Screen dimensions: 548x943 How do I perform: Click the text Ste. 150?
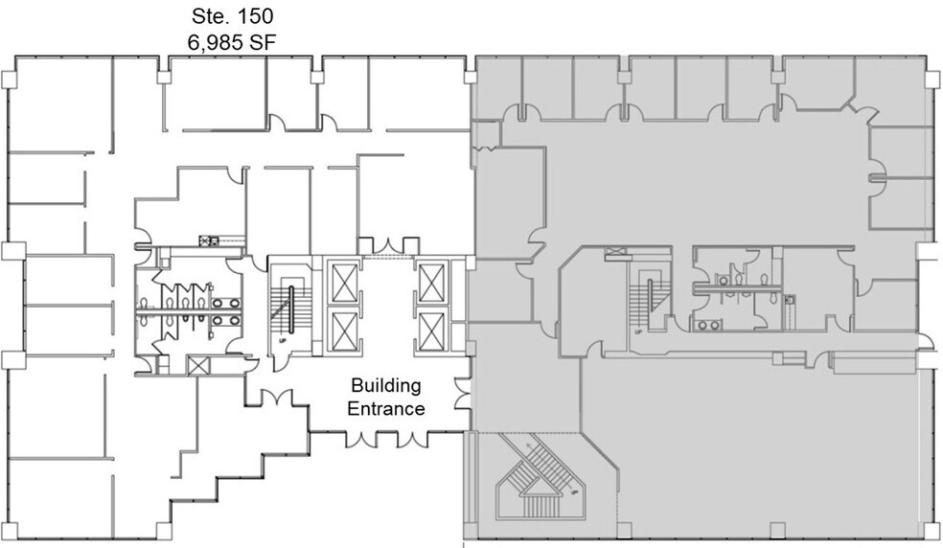click(x=229, y=16)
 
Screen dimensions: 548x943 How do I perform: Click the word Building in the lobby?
click(x=386, y=387)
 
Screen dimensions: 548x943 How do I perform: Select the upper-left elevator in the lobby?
click(x=342, y=282)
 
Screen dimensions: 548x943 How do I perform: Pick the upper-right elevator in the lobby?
click(x=429, y=282)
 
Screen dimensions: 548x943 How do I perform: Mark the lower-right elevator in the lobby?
click(x=429, y=330)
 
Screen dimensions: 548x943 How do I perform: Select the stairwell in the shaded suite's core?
click(x=647, y=297)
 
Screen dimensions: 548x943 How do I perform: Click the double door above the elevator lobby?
click(x=386, y=247)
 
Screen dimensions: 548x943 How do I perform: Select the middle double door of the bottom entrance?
click(x=386, y=441)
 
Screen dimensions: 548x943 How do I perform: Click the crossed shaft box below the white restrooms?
click(x=197, y=365)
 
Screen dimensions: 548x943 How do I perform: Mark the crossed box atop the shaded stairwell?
click(x=617, y=253)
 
